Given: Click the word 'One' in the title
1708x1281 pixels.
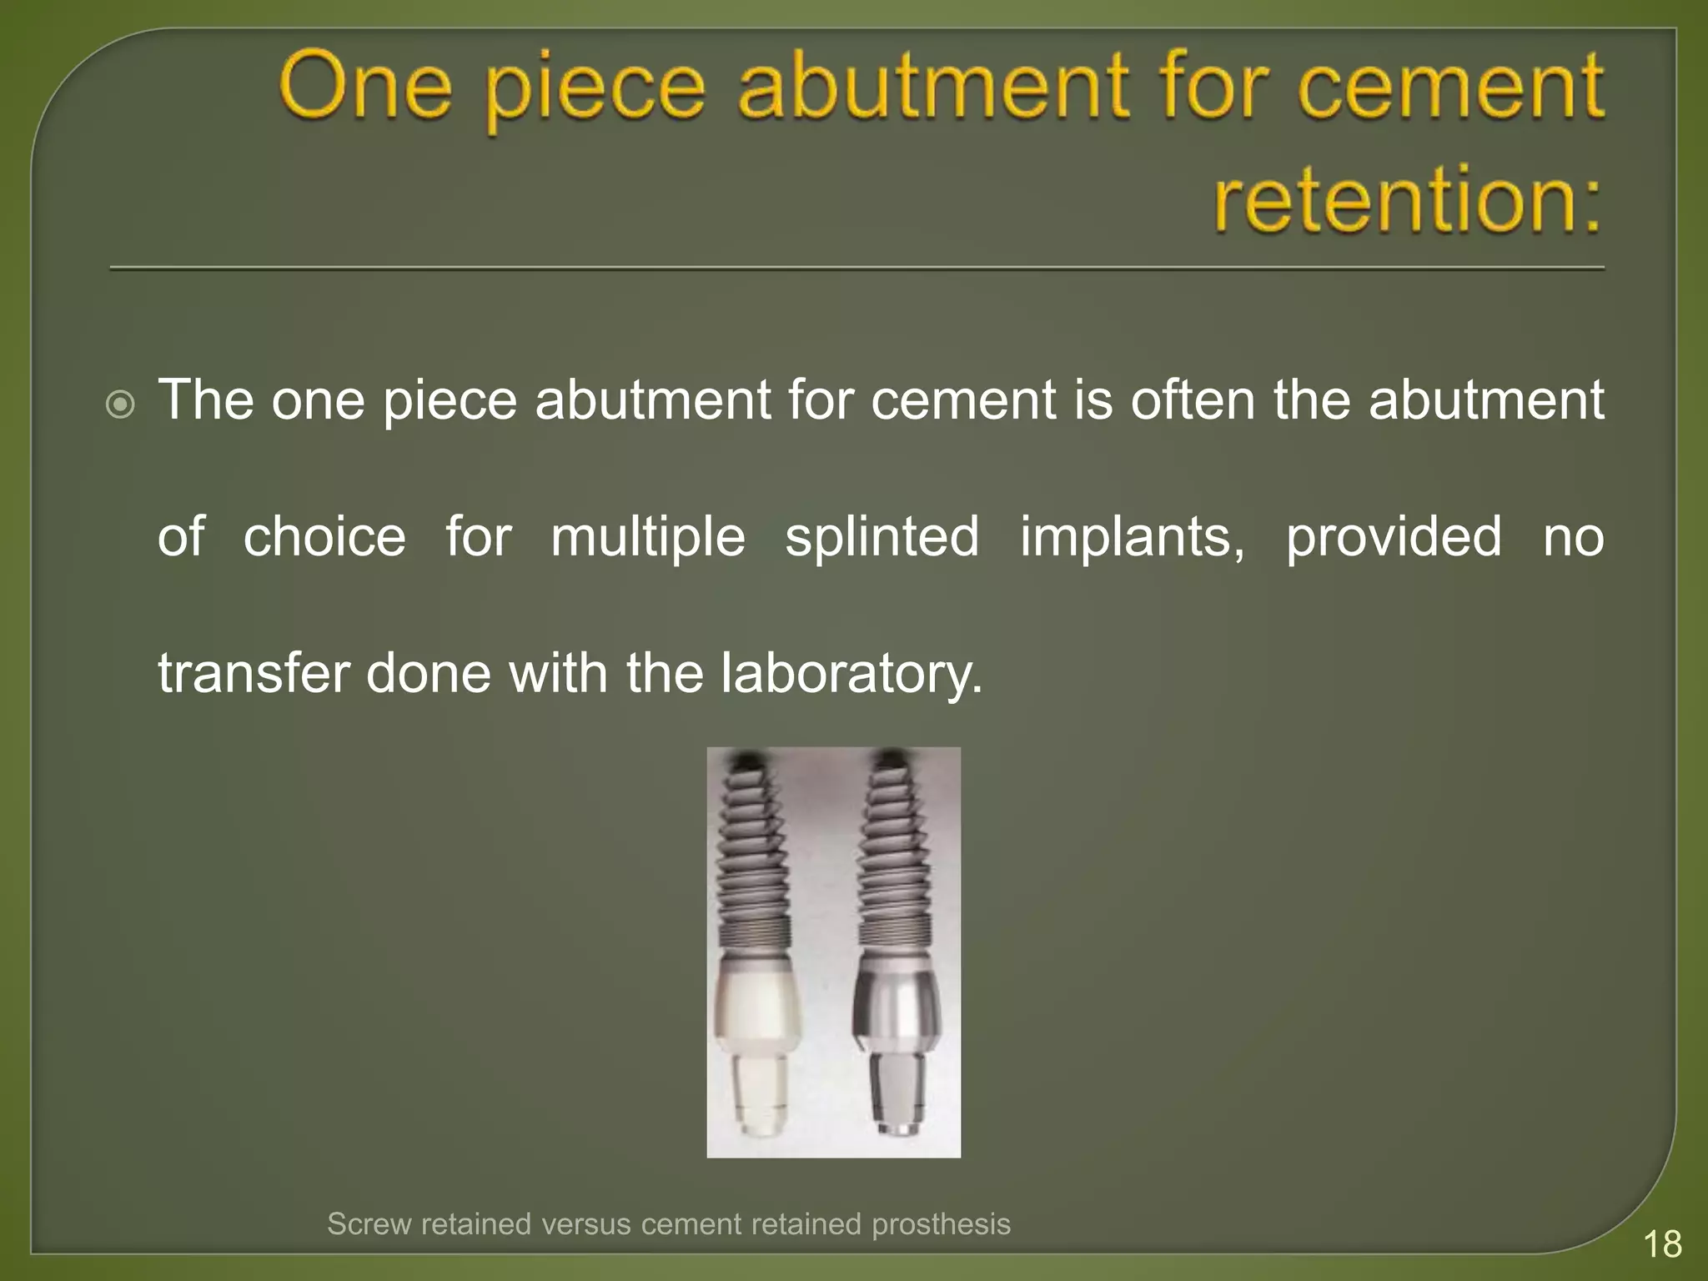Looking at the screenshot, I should click(x=365, y=86).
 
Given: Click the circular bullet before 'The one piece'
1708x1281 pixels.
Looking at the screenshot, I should click(x=121, y=406).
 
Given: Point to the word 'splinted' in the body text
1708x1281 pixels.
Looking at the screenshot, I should click(x=882, y=536).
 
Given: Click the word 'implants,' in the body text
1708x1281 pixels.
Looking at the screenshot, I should click(x=1132, y=536).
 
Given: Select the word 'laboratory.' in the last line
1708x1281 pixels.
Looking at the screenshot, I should click(x=851, y=673).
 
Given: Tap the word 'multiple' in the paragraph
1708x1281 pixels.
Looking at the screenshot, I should click(x=648, y=536).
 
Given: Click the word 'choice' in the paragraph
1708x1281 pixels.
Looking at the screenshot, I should click(x=324, y=536).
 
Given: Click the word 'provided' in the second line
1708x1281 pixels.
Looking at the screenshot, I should click(x=1394, y=536).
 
